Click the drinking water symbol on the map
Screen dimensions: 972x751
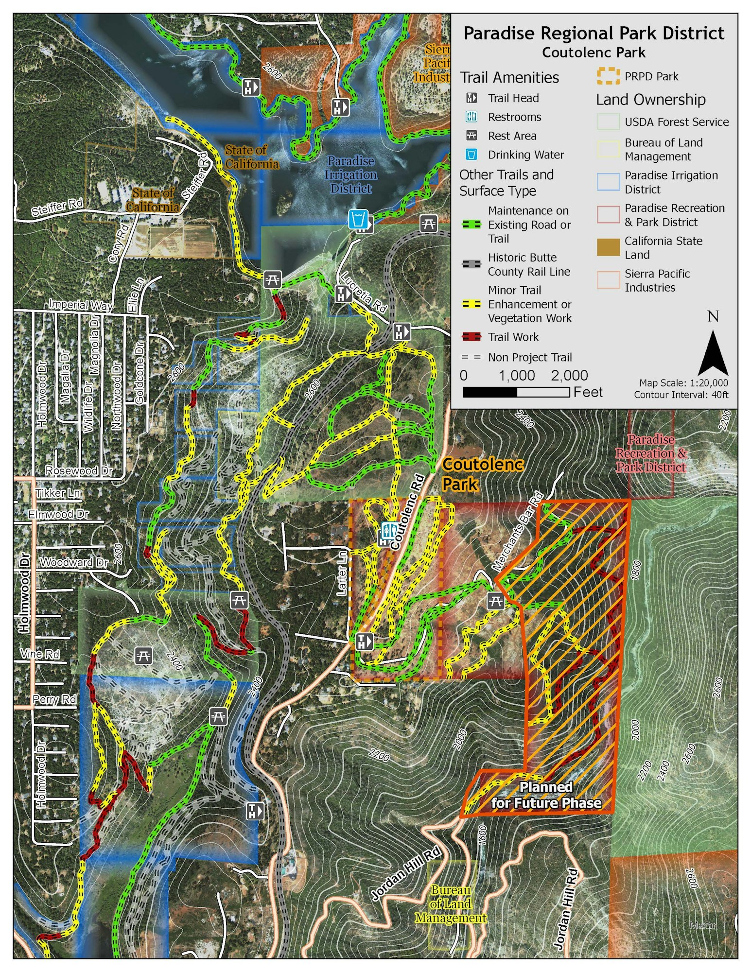pos(358,219)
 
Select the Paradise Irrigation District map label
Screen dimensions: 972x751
pos(350,174)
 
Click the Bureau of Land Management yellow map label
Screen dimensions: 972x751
pos(451,904)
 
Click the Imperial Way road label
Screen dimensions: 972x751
pos(80,305)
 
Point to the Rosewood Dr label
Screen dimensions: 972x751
pos(79,470)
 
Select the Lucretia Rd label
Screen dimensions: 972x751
pos(364,292)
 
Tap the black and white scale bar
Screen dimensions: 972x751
pos(516,392)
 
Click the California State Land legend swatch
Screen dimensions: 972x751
pos(608,247)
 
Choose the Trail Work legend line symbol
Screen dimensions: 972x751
pos(471,337)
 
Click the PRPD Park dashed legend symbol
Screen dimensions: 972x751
pos(608,76)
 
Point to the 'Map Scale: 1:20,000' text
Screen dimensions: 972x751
pos(683,383)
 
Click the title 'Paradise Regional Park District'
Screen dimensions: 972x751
pos(594,33)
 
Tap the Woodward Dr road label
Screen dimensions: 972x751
pos(73,562)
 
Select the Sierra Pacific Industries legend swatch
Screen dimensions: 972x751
pos(608,280)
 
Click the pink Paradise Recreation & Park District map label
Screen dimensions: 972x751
pos(651,453)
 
